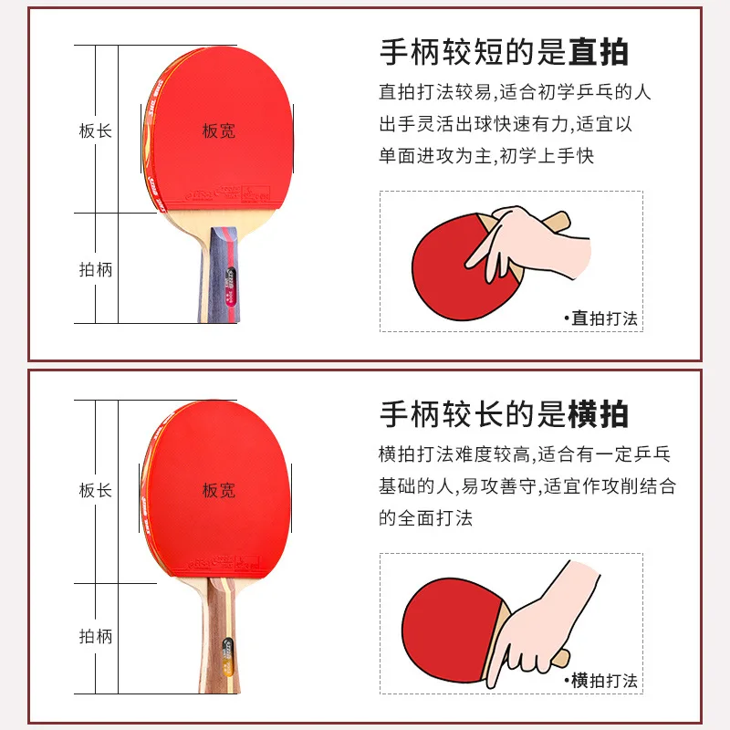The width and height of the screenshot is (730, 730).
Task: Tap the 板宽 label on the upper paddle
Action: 218,130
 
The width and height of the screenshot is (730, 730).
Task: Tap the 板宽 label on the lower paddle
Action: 218,490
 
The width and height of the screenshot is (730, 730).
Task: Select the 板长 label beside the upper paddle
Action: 95,130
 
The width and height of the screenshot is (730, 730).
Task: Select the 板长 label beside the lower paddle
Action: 95,490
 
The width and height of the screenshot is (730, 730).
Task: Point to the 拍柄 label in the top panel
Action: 95,270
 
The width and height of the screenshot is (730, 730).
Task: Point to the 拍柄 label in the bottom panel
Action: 95,636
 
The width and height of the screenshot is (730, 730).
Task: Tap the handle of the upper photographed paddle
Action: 222,274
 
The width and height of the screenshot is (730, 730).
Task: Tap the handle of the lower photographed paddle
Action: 222,639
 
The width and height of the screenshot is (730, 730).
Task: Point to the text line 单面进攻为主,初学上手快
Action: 486,156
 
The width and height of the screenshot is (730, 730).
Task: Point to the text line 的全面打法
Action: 426,517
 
